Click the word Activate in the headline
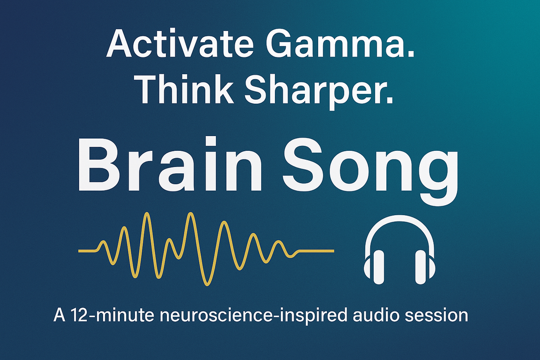(180, 43)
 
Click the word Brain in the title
(170, 165)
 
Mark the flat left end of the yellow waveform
(79, 251)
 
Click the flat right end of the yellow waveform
(333, 251)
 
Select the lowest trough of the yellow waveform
(207, 284)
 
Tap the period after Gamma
(410, 55)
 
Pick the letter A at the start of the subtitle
(59, 315)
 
